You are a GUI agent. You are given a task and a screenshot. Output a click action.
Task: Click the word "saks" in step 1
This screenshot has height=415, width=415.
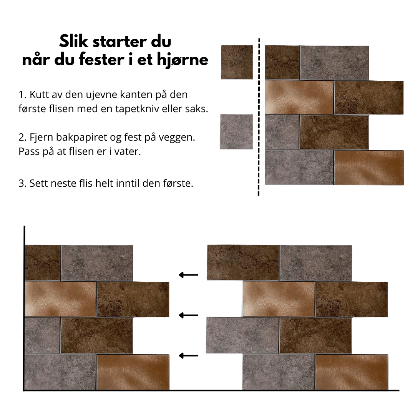(197, 109)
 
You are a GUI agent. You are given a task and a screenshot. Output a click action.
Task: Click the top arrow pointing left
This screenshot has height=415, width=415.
(188, 275)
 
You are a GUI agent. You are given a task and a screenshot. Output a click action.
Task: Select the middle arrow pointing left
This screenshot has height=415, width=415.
(188, 315)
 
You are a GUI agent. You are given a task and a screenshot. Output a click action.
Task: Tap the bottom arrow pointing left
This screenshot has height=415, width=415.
(188, 356)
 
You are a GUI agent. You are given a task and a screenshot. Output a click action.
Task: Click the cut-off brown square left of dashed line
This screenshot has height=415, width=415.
(237, 62)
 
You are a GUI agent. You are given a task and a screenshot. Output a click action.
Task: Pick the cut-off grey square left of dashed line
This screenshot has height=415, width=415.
(236, 132)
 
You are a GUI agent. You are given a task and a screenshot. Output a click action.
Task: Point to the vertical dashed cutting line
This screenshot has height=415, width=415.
(259, 115)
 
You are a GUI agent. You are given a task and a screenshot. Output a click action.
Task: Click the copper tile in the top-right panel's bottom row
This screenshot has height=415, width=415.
(369, 168)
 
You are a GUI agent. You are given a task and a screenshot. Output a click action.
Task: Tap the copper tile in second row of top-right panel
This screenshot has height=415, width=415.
(299, 97)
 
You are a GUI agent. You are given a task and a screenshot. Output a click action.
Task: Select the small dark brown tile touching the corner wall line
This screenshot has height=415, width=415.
(43, 262)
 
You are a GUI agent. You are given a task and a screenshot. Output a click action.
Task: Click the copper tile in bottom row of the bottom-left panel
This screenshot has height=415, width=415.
(133, 372)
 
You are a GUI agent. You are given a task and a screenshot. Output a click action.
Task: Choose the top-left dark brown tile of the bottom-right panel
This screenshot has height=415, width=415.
(243, 262)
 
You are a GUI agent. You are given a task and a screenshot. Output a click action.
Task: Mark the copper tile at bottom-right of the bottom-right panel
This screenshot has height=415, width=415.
(352, 372)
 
